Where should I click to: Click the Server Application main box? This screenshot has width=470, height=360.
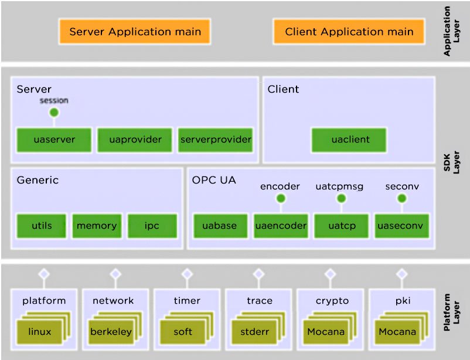click(x=135, y=32)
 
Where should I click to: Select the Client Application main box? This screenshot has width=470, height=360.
click(x=349, y=32)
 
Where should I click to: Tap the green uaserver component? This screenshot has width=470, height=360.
click(x=55, y=140)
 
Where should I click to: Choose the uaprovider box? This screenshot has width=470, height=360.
click(x=135, y=140)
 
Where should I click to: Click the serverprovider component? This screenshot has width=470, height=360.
click(x=216, y=140)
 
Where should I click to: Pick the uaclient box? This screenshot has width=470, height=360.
click(x=349, y=140)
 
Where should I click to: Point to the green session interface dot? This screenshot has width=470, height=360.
click(x=54, y=113)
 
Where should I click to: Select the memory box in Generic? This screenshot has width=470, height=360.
click(x=97, y=226)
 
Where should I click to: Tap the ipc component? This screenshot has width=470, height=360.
click(x=152, y=226)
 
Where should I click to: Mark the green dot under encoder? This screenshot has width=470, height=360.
click(x=281, y=198)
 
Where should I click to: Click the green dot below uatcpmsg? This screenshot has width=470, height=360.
click(x=342, y=198)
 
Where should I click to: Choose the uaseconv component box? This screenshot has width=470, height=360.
click(x=402, y=226)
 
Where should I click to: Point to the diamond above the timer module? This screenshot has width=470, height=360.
click(x=188, y=274)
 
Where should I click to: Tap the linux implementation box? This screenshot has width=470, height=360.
click(x=40, y=332)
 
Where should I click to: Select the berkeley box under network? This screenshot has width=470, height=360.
click(x=111, y=332)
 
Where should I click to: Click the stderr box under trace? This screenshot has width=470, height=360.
click(x=254, y=332)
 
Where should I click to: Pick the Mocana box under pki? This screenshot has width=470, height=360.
click(x=397, y=332)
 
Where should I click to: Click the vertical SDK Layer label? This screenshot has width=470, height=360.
click(x=451, y=162)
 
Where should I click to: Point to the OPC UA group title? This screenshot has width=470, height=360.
click(x=214, y=180)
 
